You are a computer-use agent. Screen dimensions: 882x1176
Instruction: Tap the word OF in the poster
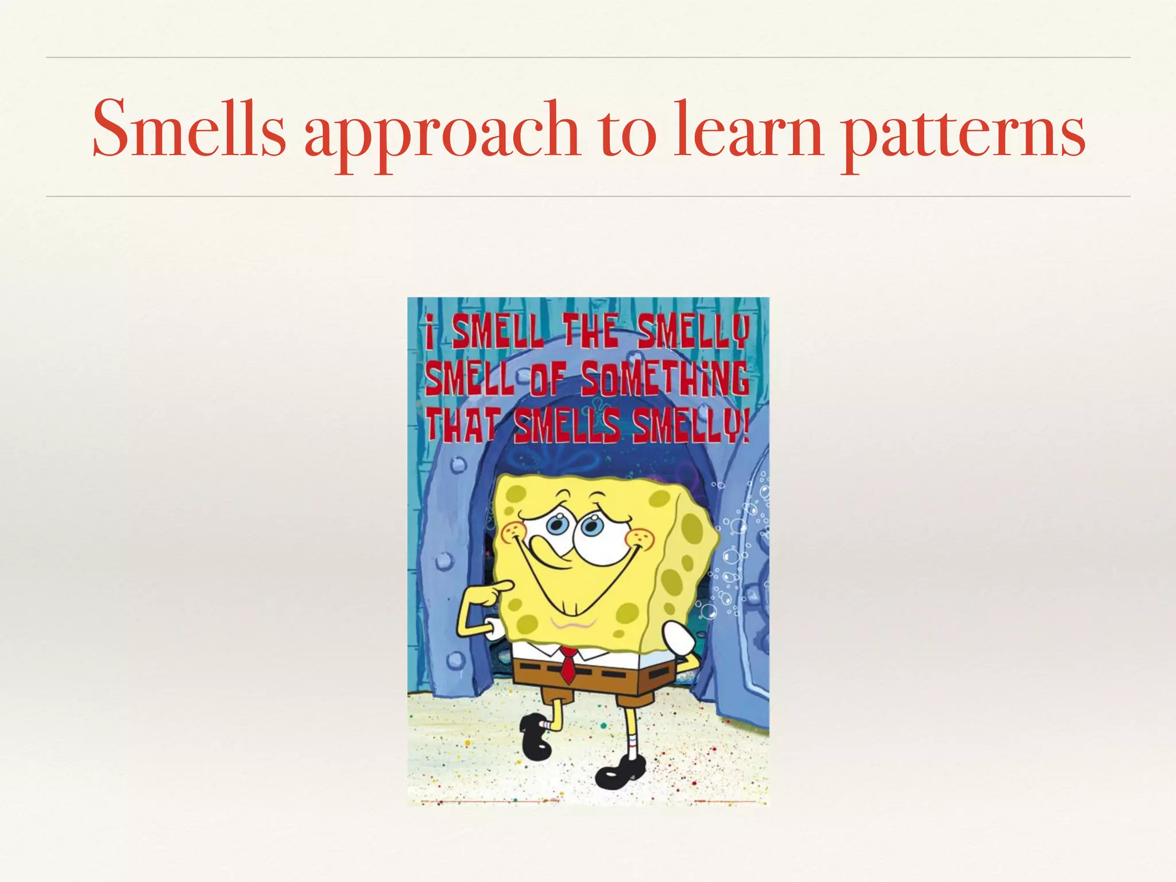pos(548,379)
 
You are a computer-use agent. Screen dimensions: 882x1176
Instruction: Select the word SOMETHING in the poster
pos(666,378)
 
